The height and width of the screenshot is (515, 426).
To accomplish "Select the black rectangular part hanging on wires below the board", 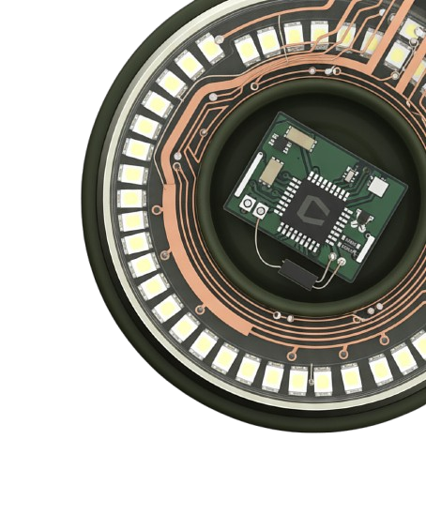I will coord(297,273).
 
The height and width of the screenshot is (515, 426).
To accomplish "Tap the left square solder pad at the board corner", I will coord(247,204).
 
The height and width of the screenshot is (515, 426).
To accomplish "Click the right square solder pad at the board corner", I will coord(260,211).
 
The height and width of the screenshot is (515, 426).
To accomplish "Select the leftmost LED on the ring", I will coord(130,197).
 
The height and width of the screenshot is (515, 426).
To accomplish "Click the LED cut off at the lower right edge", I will coord(418,347).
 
